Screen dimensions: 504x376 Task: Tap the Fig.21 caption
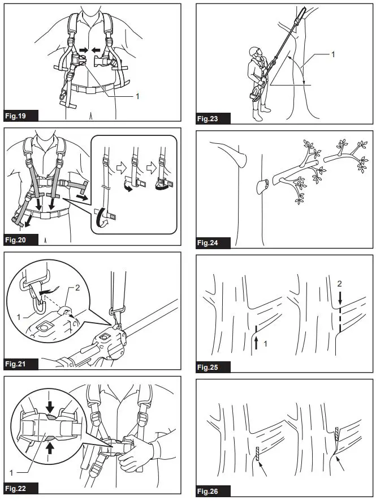pyautogui.click(x=21, y=364)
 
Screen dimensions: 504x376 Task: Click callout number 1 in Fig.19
pyautogui.click(x=137, y=96)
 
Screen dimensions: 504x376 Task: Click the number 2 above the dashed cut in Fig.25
pyautogui.click(x=339, y=283)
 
